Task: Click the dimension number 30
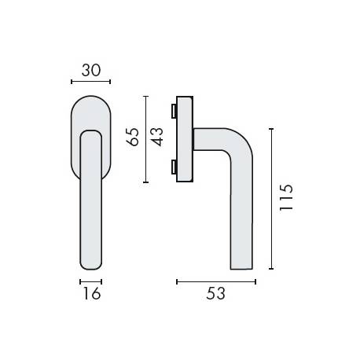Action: coord(90,69)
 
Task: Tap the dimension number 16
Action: coord(90,294)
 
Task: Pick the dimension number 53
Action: coord(216,294)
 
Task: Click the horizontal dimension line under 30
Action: coord(90,81)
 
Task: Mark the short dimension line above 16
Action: coord(90,280)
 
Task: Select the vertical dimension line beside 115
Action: coord(271,199)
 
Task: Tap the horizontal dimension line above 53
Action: coord(216,280)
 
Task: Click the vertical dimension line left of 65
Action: coord(145,139)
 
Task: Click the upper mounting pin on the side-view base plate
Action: coord(174,109)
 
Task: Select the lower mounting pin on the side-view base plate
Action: coord(174,166)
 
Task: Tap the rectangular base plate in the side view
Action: coord(185,139)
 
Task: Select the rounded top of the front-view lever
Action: coord(90,134)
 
